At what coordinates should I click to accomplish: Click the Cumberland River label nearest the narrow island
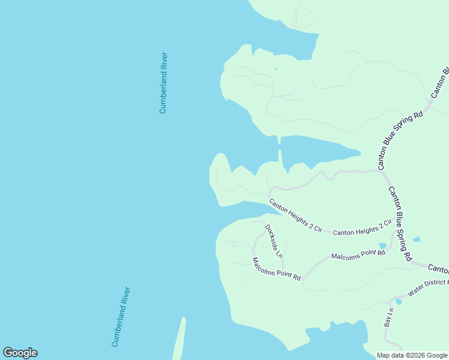click(121, 317)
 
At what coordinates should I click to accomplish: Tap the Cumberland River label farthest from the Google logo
click(163, 83)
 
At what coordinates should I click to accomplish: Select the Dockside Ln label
click(274, 241)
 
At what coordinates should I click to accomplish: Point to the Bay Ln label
click(388, 317)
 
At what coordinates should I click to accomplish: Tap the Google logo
click(20, 353)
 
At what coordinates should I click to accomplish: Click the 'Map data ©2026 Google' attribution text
click(412, 355)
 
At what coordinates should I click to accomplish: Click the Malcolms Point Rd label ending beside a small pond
click(358, 256)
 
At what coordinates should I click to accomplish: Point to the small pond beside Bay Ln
click(398, 301)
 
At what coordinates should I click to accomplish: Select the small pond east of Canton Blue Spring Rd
click(417, 239)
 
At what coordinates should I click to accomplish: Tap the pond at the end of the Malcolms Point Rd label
click(382, 245)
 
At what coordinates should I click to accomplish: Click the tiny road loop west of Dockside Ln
click(234, 244)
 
